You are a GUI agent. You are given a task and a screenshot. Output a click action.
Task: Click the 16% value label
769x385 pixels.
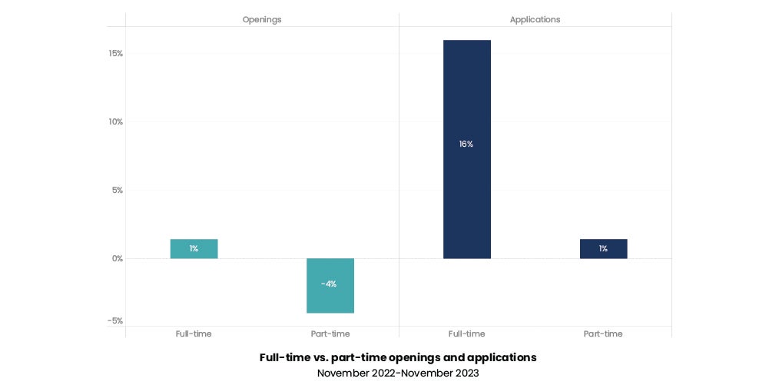click(x=466, y=144)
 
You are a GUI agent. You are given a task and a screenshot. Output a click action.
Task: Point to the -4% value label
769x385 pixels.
click(x=329, y=284)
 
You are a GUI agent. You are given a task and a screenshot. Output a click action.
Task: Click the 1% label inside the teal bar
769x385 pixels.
click(x=194, y=248)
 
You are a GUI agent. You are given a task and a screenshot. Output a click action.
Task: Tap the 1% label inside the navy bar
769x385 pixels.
click(x=603, y=248)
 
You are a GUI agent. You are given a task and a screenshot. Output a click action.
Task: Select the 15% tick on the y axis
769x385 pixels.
click(x=115, y=54)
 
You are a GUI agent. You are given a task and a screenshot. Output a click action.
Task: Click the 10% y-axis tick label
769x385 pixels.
click(x=115, y=121)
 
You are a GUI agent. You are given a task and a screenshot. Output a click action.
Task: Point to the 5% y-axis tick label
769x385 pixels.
click(x=117, y=190)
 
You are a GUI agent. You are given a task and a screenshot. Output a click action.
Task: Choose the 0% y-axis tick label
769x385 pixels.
click(x=117, y=258)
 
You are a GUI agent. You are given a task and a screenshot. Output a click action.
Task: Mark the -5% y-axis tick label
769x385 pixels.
click(x=115, y=320)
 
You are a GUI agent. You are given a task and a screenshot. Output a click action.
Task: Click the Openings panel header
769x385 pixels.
click(x=262, y=19)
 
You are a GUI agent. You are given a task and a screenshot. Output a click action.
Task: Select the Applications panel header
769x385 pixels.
click(x=535, y=19)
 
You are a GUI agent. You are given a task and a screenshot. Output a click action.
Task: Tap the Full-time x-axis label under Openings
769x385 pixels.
click(x=194, y=334)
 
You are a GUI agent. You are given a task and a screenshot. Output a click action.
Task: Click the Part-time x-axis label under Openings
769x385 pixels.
click(x=330, y=334)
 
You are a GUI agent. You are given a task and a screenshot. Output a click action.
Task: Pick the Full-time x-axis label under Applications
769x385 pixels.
click(x=466, y=334)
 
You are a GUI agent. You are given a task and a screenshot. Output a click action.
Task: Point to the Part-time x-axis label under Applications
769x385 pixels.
click(x=603, y=334)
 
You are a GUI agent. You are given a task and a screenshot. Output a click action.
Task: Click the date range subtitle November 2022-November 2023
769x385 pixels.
click(x=398, y=373)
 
